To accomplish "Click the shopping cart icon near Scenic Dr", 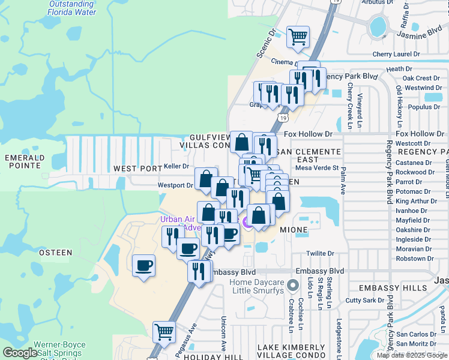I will [x=298, y=37].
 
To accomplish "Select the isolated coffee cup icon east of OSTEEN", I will [x=144, y=265].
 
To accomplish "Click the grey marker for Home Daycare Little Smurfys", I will [x=292, y=284].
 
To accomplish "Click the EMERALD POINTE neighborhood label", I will [x=24, y=162].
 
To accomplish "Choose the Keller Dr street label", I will [x=176, y=166].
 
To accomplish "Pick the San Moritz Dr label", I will [x=420, y=343].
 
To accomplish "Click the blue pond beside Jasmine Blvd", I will [x=378, y=26].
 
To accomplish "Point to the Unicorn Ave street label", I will [x=223, y=334].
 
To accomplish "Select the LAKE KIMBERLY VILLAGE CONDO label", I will [x=291, y=352].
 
